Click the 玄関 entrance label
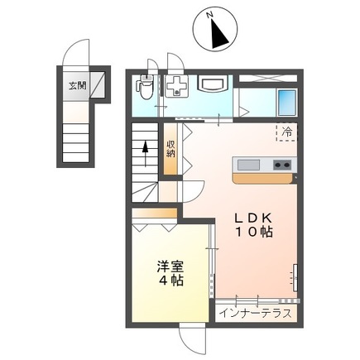78,86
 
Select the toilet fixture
145,87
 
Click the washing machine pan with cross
176,85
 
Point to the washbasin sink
213,84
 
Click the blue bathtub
287,103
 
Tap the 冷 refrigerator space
286,132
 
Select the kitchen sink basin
248,165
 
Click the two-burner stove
282,165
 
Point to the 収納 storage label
170,149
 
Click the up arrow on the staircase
145,154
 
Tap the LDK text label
253,218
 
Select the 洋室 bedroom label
170,266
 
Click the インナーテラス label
256,314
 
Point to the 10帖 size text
254,232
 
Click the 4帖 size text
171,281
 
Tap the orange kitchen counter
262,178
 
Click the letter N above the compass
210,15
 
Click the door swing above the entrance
76,52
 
